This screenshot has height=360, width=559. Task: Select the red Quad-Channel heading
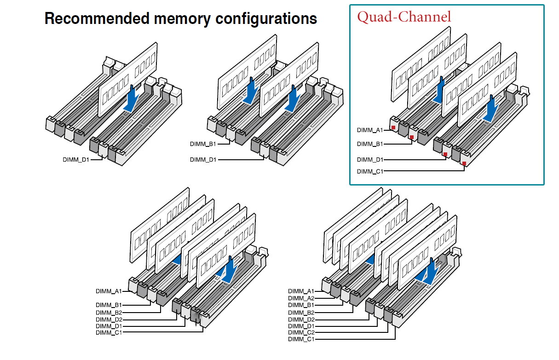click(404, 17)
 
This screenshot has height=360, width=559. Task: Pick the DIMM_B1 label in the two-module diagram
click(203, 144)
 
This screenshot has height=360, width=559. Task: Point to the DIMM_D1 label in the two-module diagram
click(203, 160)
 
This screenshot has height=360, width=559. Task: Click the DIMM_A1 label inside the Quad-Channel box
click(370, 130)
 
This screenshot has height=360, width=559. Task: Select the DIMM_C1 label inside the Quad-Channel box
click(370, 171)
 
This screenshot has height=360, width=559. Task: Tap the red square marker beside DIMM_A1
click(393, 127)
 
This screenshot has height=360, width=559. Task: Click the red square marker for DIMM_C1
click(465, 163)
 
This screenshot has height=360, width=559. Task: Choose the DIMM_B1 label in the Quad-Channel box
click(370, 144)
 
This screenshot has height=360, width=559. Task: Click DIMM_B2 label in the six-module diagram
click(109, 312)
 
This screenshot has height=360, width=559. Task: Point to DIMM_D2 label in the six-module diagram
click(109, 319)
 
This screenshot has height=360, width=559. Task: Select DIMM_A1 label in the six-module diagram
click(109, 291)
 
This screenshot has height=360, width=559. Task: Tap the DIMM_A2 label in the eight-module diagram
click(301, 298)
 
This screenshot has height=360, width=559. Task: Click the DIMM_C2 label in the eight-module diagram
click(301, 332)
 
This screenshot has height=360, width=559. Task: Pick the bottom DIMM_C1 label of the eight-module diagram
click(301, 339)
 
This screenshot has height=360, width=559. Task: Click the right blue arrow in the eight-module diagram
click(430, 272)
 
